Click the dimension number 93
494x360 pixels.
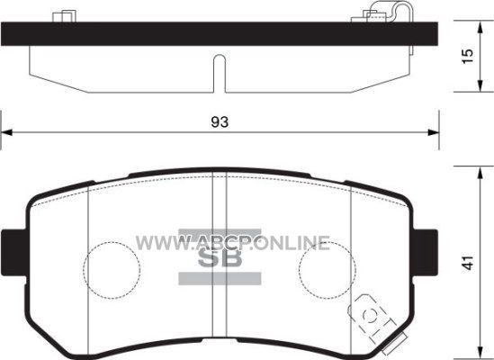220,122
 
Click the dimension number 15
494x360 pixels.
468,56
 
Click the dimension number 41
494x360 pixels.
469,262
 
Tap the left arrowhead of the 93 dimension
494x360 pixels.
6,132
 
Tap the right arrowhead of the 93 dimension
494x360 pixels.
434,132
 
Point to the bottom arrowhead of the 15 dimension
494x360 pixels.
480,85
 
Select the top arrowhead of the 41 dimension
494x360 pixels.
480,173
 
